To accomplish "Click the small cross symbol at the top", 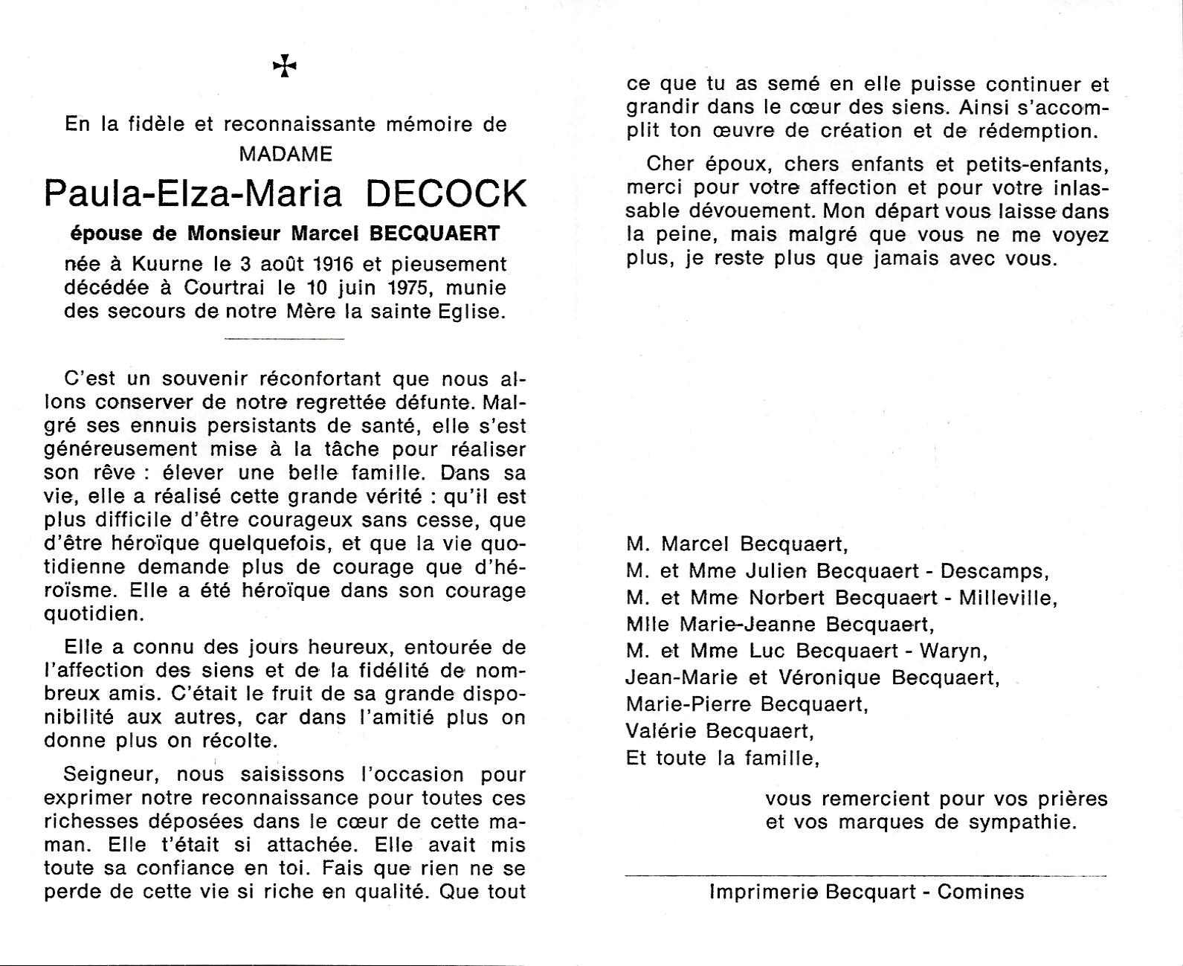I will (x=285, y=68).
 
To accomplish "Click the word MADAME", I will (x=286, y=154).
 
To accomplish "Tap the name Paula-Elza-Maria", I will (x=193, y=193).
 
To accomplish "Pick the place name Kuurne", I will (x=166, y=264).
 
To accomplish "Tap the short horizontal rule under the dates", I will (x=284, y=339).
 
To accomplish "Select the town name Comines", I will (x=981, y=892).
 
